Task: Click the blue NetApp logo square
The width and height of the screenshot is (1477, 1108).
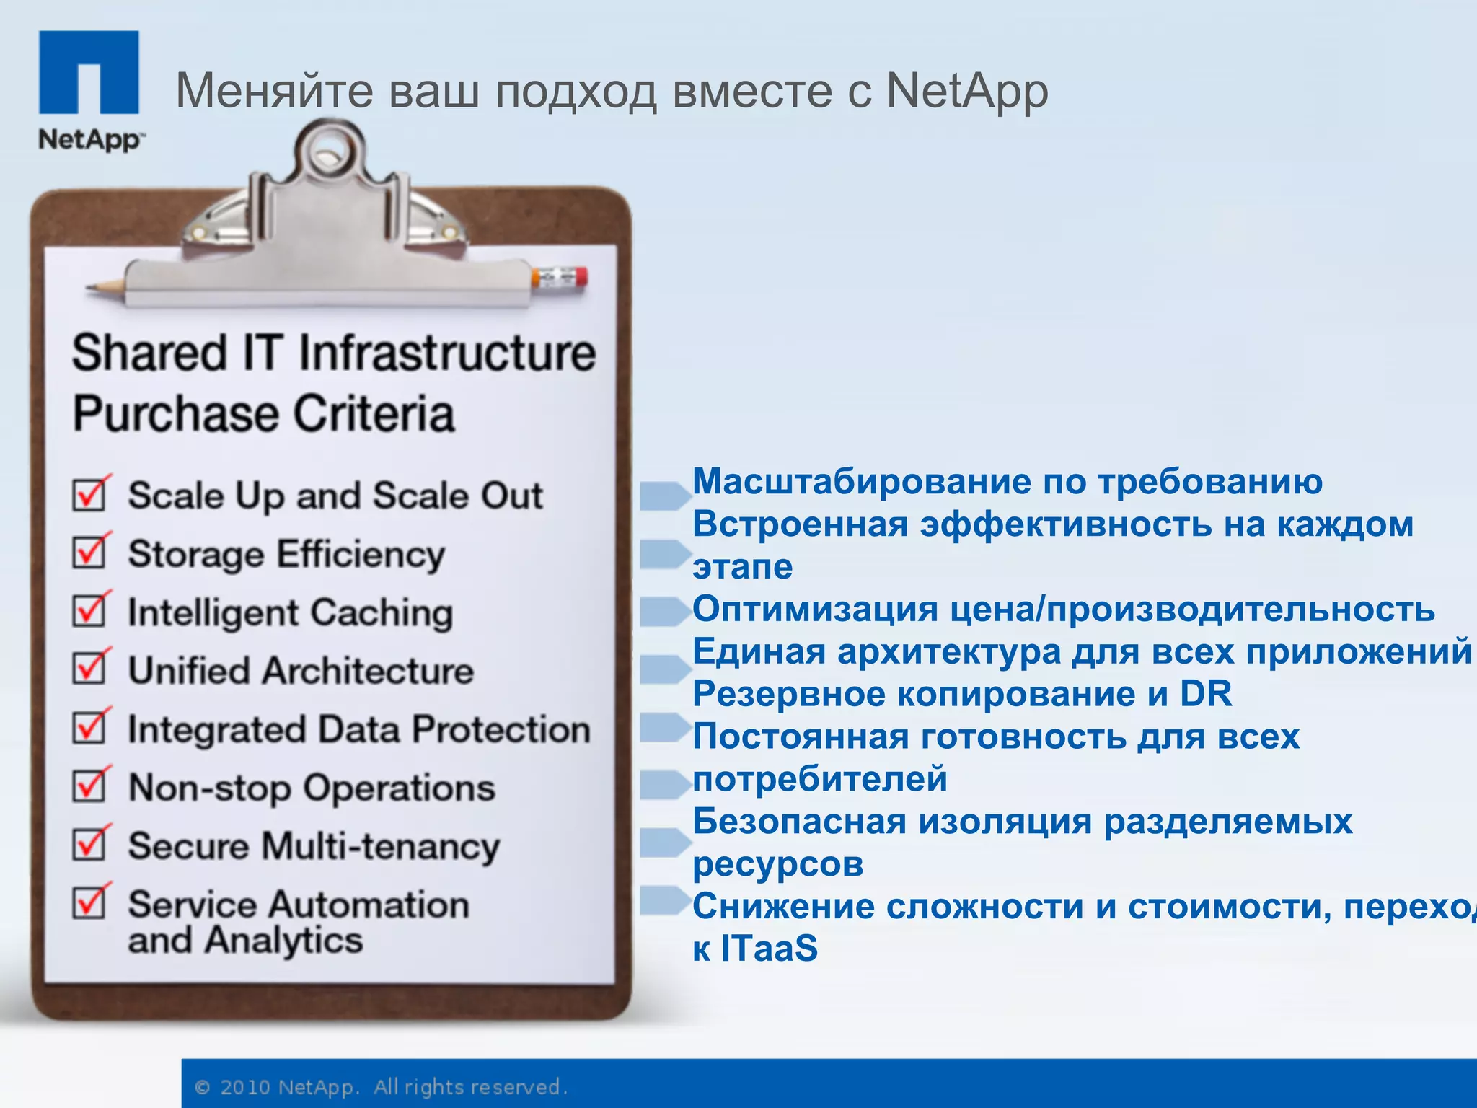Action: coord(89,71)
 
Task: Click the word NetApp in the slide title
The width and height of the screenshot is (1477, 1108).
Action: coord(966,92)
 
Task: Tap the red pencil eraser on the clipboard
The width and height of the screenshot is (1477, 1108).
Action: coord(580,278)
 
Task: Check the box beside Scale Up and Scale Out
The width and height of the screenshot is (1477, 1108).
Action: coord(89,495)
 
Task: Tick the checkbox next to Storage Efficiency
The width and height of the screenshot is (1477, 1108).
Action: coord(89,553)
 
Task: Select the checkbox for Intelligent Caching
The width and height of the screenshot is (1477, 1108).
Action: coord(89,611)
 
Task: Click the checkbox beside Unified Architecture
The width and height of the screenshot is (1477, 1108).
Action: coord(89,669)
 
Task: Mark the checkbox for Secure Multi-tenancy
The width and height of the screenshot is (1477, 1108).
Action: coord(89,845)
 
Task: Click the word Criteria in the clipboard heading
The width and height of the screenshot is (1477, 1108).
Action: coord(374,413)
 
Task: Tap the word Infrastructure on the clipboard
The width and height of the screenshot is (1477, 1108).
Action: coord(447,353)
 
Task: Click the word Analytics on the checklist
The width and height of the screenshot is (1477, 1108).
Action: coord(283,940)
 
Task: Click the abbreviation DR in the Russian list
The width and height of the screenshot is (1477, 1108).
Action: coord(1205,694)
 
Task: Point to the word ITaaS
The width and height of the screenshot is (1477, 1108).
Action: coord(769,948)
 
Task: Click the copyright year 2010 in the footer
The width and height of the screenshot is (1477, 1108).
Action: coord(244,1087)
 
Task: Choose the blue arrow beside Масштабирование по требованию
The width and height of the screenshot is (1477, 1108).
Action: coord(664,496)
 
